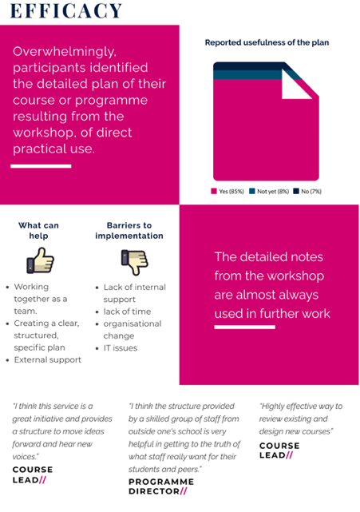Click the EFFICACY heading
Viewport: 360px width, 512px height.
(x=66, y=10)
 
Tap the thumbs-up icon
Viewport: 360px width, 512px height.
(x=41, y=260)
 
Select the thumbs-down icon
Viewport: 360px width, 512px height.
(x=134, y=262)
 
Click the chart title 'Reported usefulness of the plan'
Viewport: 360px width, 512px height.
(x=267, y=42)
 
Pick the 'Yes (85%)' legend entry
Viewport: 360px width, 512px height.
(x=227, y=192)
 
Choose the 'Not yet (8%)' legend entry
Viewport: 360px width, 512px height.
(x=269, y=192)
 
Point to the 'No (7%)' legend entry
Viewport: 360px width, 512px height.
(x=307, y=192)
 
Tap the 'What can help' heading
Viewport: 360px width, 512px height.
(x=38, y=231)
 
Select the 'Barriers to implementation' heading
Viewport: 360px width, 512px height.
(x=129, y=231)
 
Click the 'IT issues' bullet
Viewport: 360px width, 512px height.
(x=120, y=348)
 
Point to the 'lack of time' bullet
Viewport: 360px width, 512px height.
(x=127, y=312)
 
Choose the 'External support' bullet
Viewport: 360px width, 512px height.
(x=48, y=359)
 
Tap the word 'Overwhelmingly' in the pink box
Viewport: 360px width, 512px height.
(x=65, y=52)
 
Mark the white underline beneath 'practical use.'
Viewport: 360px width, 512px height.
(x=41, y=166)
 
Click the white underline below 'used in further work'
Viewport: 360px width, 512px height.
(x=245, y=327)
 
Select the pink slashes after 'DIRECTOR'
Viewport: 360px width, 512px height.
(x=184, y=491)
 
